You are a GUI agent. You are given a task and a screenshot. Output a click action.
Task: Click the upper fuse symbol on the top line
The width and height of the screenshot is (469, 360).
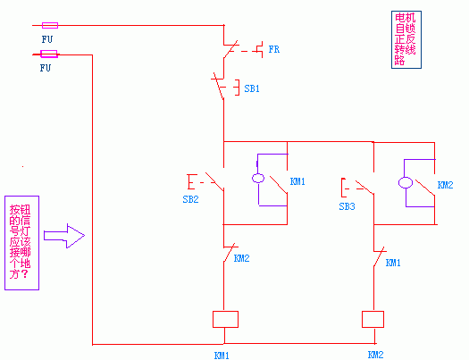(x=50, y=25)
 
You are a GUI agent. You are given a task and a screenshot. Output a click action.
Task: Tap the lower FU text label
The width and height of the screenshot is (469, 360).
(x=46, y=68)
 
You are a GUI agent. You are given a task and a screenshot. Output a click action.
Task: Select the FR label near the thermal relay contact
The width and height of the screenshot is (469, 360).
(x=274, y=49)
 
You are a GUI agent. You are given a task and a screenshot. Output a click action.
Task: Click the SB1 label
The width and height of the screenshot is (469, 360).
(x=252, y=88)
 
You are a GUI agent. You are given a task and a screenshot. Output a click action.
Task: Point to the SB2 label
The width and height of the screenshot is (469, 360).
(x=190, y=199)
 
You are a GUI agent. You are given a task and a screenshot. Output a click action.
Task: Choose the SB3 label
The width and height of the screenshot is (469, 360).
(x=347, y=206)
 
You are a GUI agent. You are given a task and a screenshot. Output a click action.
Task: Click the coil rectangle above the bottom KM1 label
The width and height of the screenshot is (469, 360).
(x=225, y=319)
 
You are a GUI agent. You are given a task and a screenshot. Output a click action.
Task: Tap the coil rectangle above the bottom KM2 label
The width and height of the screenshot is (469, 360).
(x=373, y=319)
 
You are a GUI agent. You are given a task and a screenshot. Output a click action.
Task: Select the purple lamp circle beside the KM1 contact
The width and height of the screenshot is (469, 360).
(x=258, y=178)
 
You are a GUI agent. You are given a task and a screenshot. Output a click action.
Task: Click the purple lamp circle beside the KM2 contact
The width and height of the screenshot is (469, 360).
(x=406, y=182)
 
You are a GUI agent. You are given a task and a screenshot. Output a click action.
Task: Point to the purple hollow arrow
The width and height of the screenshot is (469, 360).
(x=64, y=236)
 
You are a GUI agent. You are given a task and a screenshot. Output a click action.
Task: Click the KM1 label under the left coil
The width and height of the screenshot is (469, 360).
(x=222, y=356)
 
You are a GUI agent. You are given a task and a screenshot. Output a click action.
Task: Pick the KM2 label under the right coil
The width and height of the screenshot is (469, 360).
(x=375, y=355)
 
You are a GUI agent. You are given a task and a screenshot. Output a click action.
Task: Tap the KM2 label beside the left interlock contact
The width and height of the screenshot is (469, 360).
(x=242, y=258)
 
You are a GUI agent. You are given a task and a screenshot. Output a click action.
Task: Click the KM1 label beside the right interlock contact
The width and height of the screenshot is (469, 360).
(x=393, y=263)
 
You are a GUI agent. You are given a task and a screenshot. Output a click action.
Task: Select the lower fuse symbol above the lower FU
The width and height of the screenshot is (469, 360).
(x=49, y=54)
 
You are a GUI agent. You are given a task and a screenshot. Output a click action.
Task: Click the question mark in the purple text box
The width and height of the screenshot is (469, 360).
(x=25, y=273)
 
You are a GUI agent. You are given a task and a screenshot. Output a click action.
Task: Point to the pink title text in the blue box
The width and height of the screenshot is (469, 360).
(x=406, y=39)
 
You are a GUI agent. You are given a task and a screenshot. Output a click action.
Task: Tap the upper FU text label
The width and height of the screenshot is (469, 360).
(x=47, y=39)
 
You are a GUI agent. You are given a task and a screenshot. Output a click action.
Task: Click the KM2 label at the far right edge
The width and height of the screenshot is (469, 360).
(x=446, y=185)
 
